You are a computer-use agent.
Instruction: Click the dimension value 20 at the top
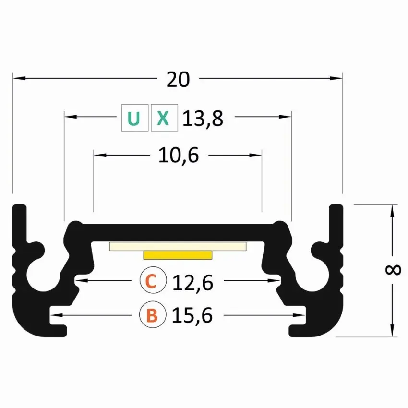[x=178, y=79]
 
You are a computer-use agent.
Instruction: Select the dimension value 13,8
[x=203, y=119]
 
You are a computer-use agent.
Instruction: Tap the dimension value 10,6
[x=179, y=156]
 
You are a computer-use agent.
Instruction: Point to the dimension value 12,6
[x=192, y=283]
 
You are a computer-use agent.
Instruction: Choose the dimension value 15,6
[x=192, y=315]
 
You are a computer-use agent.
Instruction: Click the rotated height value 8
[x=393, y=270]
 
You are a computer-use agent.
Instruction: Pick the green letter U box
[x=135, y=118]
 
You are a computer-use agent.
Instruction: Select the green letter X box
[x=165, y=118]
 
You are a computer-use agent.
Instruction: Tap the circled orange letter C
[x=153, y=280]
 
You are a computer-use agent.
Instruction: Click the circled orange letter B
[x=153, y=314]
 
